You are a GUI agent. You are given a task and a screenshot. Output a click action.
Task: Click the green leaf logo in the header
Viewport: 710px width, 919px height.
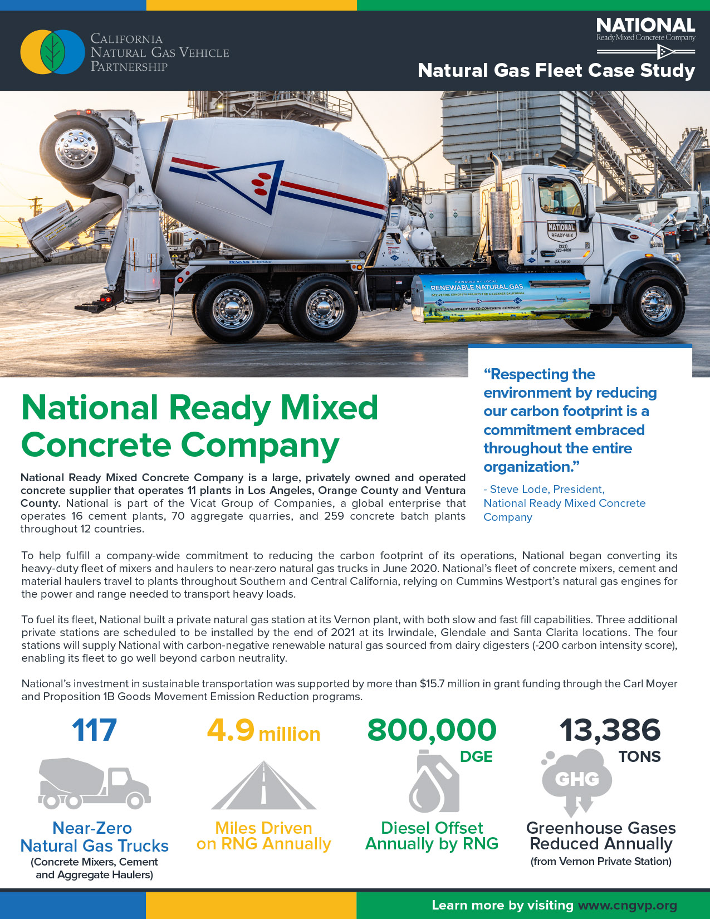click(x=53, y=52)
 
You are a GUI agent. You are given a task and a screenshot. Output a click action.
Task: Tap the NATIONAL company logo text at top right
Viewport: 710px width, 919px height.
click(x=645, y=26)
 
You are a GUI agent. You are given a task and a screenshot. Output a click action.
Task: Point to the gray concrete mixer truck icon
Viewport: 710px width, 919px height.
click(x=94, y=783)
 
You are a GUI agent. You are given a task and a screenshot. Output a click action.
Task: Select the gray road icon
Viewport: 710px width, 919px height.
click(x=263, y=786)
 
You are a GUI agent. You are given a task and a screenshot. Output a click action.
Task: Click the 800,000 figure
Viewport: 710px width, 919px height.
click(x=432, y=730)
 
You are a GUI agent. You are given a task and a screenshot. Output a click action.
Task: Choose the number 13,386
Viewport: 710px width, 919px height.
click(x=610, y=730)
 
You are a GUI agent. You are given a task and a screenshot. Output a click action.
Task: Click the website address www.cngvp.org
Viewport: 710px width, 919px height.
click(x=628, y=905)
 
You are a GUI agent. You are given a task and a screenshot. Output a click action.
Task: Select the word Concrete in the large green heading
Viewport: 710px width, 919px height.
click(x=96, y=445)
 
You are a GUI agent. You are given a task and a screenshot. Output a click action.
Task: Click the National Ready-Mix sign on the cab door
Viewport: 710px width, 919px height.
click(x=561, y=231)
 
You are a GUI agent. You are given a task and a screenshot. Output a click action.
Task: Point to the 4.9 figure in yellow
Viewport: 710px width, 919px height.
click(x=231, y=730)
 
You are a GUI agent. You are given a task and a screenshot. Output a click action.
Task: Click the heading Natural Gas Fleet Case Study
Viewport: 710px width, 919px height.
click(x=556, y=71)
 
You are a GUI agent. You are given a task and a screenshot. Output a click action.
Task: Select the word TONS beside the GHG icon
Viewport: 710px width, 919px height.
click(x=639, y=756)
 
